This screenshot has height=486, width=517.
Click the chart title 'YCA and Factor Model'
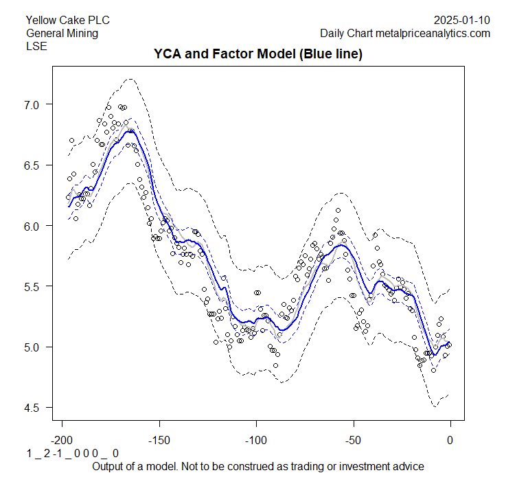(257, 54)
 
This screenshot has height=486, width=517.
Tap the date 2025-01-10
(463, 20)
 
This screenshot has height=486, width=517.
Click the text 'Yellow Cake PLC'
(67, 20)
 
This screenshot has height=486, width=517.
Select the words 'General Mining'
(62, 33)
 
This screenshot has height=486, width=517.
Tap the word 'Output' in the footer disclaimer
(109, 466)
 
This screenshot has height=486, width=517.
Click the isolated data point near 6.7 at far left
(72, 141)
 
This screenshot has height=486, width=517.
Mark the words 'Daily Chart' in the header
(346, 33)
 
